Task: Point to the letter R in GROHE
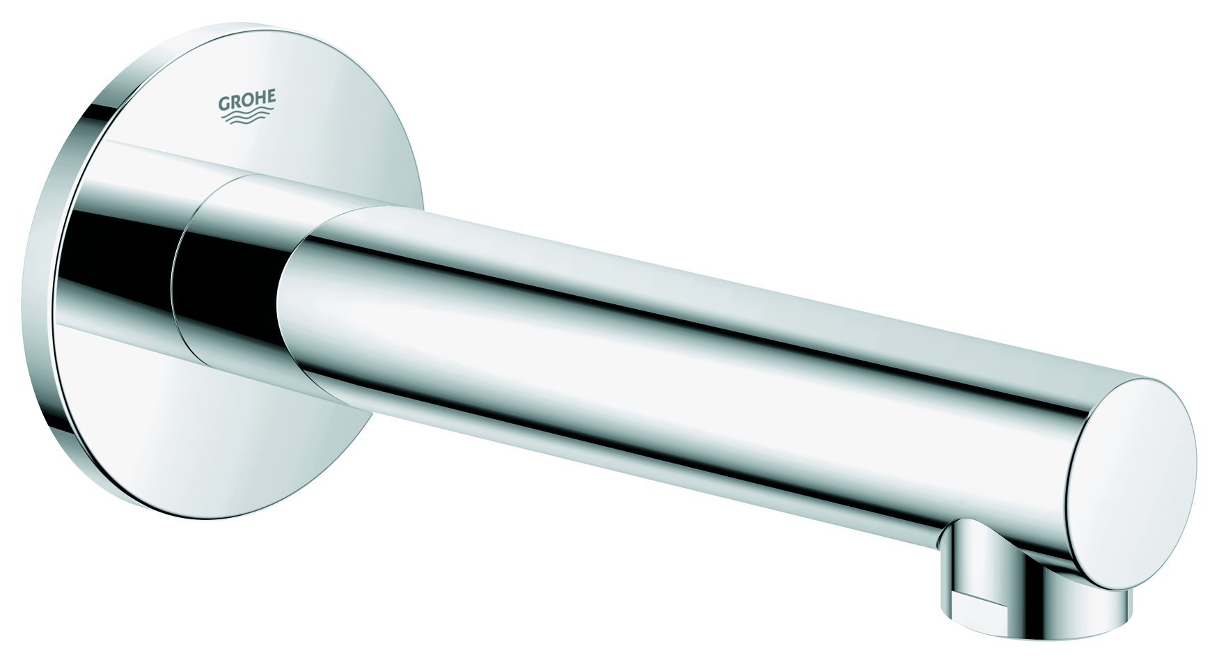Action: (x=235, y=102)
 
